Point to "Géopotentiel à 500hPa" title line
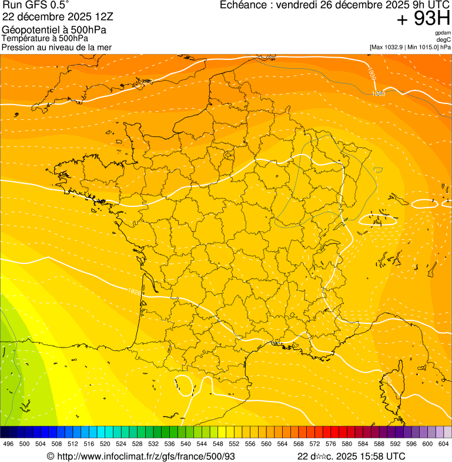coord(54,30)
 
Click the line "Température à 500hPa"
coord(45,38)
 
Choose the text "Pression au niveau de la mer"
coord(56,47)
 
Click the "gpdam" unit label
coord(443,33)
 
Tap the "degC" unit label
coord(444,40)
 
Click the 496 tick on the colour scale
coord(8,444)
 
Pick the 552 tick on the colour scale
coord(234,444)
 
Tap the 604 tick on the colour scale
coord(443,444)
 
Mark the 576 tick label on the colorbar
coord(330,444)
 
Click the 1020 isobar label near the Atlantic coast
coord(135,291)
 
